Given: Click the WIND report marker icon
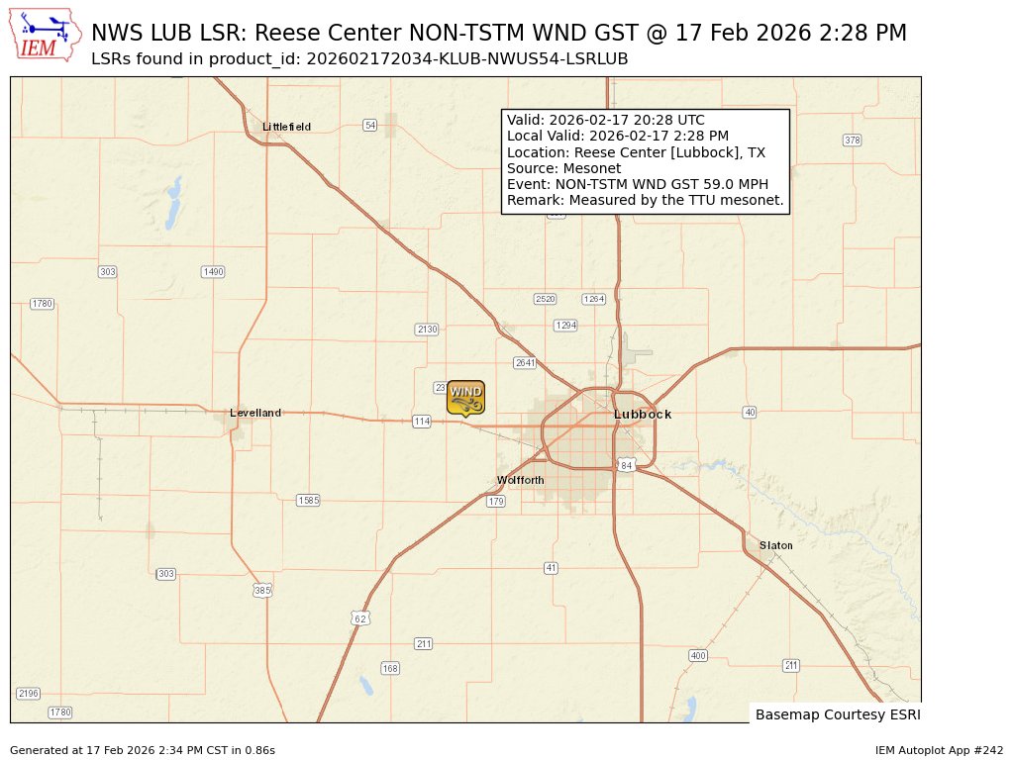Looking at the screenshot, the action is point(465,397).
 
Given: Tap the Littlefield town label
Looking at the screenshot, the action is point(286,127).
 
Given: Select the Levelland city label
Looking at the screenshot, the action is point(255,413).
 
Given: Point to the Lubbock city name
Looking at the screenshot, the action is point(643,414).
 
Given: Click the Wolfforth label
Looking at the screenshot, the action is point(520,480).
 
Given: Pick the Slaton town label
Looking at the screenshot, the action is point(776,545).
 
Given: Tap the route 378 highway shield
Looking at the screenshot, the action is point(852,141).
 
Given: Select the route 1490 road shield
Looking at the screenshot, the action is point(213,271).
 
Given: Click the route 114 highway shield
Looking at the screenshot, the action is point(422,422).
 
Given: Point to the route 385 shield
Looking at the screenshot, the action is point(261,590).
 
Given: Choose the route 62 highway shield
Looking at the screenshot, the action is point(359,618).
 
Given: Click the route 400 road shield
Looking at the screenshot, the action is point(698,655).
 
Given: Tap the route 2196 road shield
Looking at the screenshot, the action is point(28,694).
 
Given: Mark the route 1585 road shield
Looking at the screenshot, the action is point(308,501).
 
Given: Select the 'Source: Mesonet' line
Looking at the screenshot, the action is point(563,168).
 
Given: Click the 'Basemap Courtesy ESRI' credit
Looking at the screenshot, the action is point(838,714).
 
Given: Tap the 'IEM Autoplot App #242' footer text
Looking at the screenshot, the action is point(939,750).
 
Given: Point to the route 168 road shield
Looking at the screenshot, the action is point(390,669).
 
